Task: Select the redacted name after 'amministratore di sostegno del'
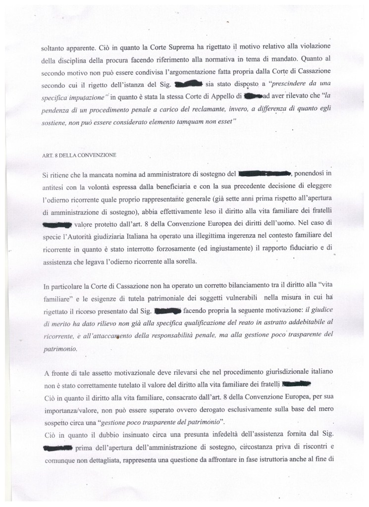click(264, 174)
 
